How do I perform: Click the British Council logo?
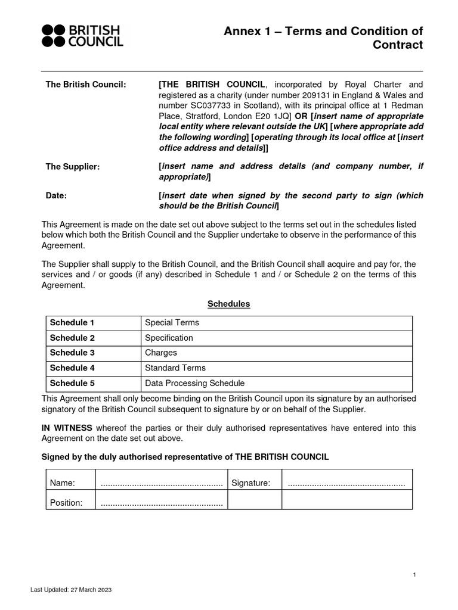82,36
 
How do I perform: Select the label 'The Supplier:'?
73,167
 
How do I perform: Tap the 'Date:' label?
57,195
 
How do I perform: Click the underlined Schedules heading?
228,304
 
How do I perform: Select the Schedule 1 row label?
72,323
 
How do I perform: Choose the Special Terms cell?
172,323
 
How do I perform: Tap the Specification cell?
169,338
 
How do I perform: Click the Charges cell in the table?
161,353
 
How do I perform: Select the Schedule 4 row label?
72,368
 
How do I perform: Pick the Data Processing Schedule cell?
195,383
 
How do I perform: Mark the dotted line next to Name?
162,483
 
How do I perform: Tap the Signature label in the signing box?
251,483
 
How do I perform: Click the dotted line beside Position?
162,503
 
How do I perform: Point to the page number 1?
414,574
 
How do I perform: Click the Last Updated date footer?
71,590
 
